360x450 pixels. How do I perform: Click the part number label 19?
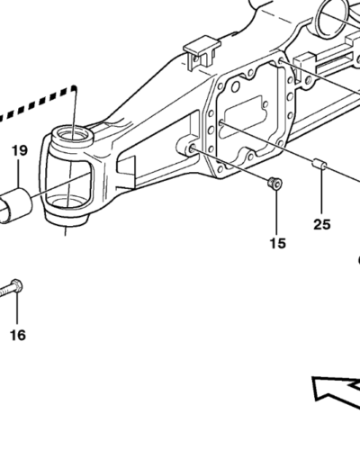(x=20, y=150)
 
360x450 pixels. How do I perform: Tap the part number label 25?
(x=322, y=224)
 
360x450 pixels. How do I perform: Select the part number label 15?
(x=278, y=243)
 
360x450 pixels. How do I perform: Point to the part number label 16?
(x=18, y=335)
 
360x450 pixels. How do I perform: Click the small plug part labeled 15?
(x=275, y=183)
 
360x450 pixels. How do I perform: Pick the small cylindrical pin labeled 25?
(x=319, y=165)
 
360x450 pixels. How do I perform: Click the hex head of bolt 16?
(x=16, y=286)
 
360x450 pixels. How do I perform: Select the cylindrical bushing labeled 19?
(x=15, y=205)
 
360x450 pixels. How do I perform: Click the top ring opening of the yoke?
(x=73, y=135)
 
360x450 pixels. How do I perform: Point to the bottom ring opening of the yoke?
(x=67, y=203)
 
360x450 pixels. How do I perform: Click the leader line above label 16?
(x=17, y=309)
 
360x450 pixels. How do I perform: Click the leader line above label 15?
(x=276, y=212)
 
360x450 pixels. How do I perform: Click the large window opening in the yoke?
(x=69, y=179)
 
